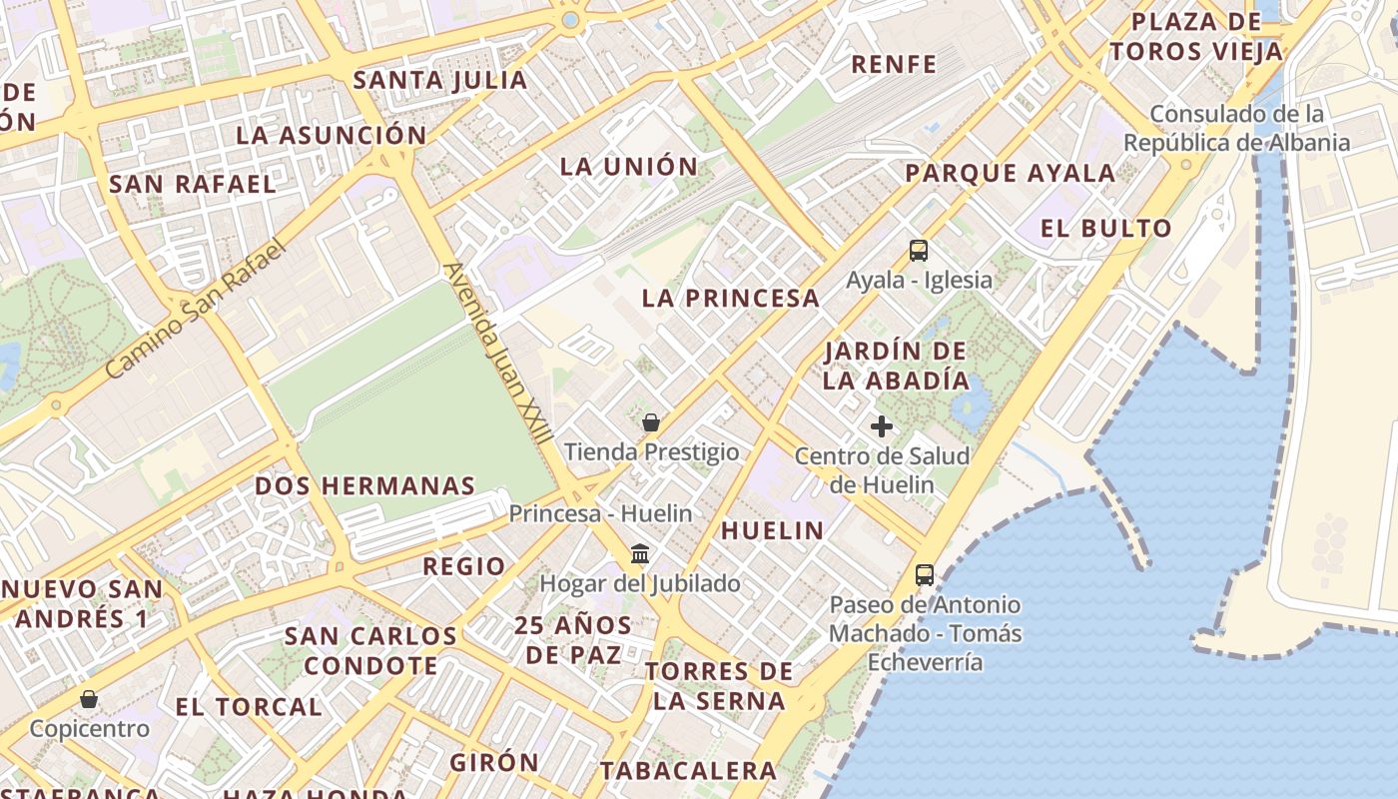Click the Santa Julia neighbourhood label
point(440,80)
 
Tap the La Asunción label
point(331,135)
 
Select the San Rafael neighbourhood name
point(192,184)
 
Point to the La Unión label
point(628,167)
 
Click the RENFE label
point(894,65)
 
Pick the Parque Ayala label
point(1010,173)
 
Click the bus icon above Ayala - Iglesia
point(919,251)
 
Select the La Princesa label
point(730,298)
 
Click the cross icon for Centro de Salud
point(881,427)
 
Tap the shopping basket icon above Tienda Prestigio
point(651,422)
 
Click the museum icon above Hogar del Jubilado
point(640,553)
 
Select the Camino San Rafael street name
point(195,309)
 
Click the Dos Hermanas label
point(364,486)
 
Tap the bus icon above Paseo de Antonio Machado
point(925,575)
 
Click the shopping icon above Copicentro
point(89,699)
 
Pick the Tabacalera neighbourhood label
point(688,771)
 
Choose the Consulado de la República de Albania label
point(1236,128)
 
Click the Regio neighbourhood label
point(463,566)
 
